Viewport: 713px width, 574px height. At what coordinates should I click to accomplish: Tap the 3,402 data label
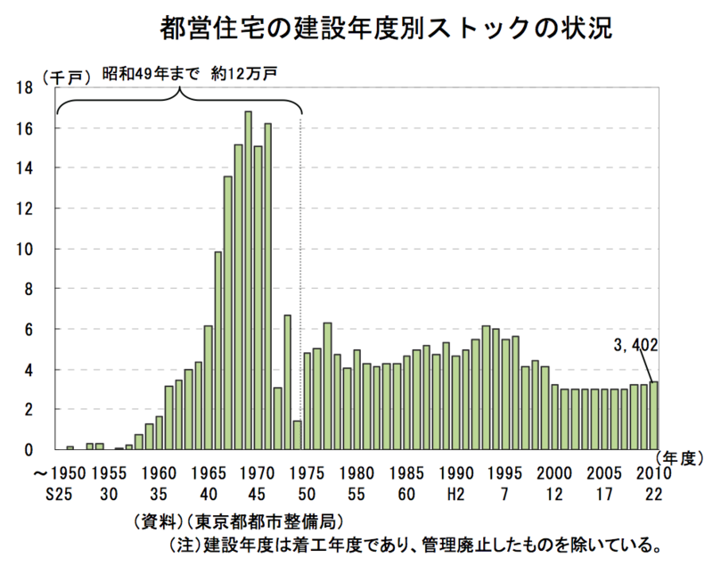click(635, 345)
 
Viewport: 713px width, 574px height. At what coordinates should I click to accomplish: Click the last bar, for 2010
click(653, 415)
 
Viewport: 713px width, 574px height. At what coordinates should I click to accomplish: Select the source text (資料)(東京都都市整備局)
click(236, 520)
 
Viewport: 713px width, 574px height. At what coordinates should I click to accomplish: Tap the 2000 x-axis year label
click(553, 471)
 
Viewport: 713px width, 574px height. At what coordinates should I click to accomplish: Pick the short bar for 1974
click(297, 435)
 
